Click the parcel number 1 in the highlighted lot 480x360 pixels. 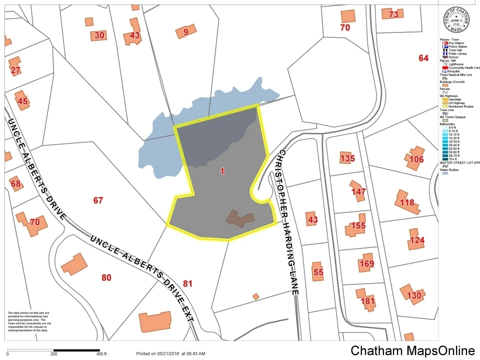tap(221, 171)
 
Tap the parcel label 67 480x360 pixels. tap(98, 200)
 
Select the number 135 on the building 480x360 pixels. tap(347, 159)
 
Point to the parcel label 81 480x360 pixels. tap(187, 284)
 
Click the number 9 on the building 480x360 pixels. tap(185, 32)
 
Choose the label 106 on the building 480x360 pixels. tap(416, 159)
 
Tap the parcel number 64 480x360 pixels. tap(423, 58)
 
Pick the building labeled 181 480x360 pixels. tap(367, 301)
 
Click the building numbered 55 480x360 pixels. tap(318, 272)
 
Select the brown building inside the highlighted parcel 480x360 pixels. tap(240, 218)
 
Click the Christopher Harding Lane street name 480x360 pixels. tap(288, 220)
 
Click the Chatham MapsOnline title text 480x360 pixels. tap(412, 351)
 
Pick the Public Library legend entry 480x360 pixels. tap(457, 53)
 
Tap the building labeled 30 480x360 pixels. tap(99, 35)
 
